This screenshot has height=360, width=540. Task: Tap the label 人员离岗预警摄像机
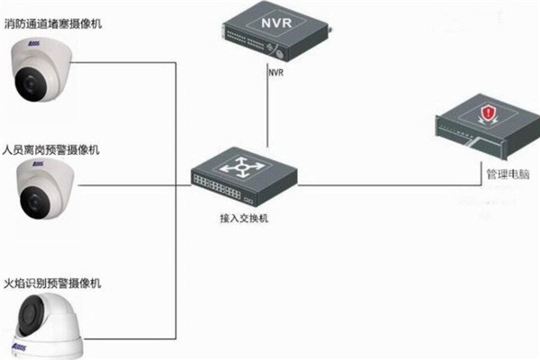(53, 148)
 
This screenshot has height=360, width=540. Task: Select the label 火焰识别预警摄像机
(53, 283)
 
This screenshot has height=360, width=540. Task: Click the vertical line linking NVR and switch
(267, 112)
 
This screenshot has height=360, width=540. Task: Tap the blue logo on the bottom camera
(20, 345)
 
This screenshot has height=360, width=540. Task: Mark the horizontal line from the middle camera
(135, 185)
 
